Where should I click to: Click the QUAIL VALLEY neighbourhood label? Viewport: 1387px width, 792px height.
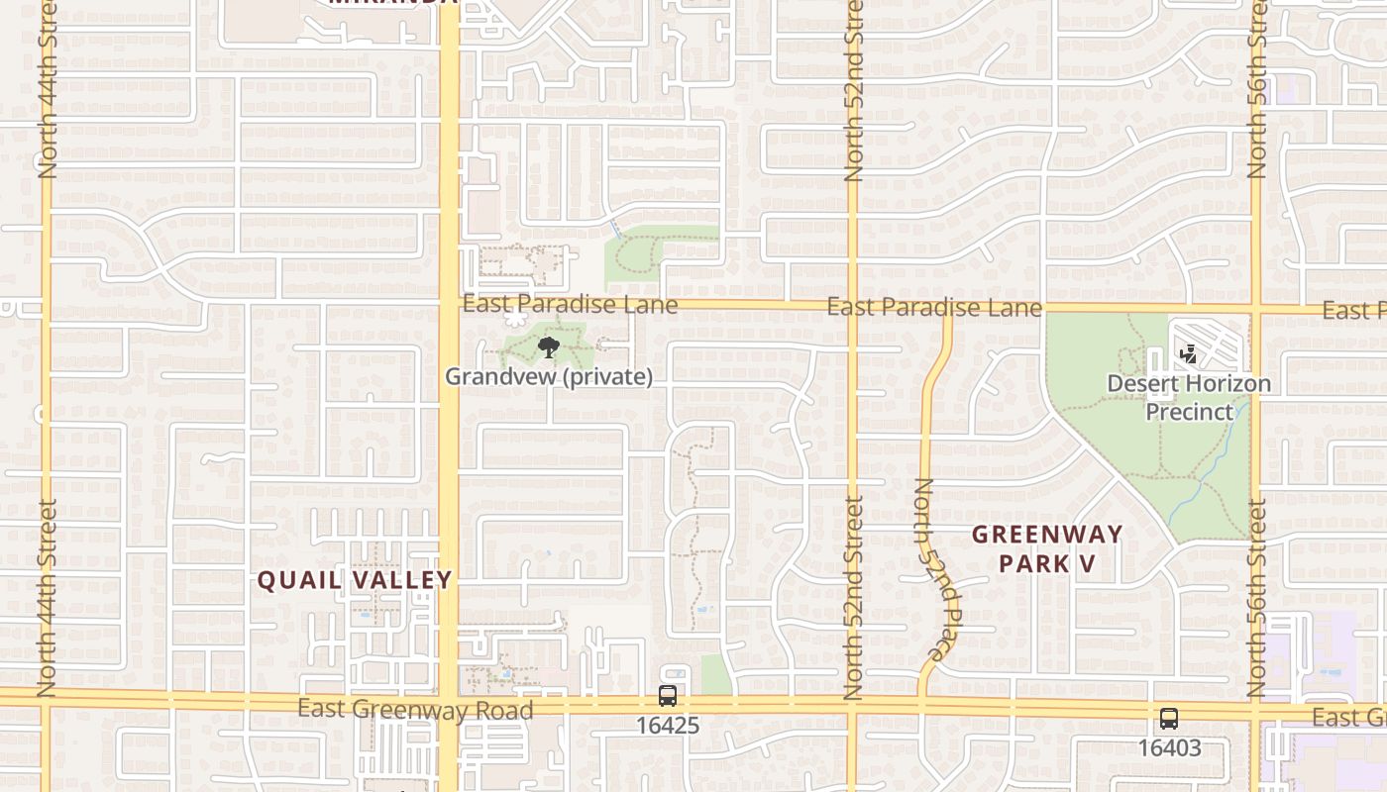[355, 580]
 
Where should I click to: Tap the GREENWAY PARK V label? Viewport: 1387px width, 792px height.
[1047, 549]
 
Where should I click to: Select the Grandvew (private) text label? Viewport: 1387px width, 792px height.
[548, 377]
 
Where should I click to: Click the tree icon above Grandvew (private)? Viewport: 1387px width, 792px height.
[548, 346]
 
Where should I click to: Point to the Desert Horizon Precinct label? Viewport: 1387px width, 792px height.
[1189, 397]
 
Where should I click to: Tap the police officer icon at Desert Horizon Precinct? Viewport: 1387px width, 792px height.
[1189, 353]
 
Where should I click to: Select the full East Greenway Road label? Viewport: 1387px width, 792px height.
[415, 709]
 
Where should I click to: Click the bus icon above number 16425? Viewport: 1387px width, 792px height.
[668, 696]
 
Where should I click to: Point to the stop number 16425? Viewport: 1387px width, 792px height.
[668, 726]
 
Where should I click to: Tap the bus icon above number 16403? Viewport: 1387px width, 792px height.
[1169, 719]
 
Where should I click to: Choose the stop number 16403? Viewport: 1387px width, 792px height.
[1169, 748]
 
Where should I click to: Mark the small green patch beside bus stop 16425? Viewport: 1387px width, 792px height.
[716, 674]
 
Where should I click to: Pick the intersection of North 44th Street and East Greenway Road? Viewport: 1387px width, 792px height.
[46, 697]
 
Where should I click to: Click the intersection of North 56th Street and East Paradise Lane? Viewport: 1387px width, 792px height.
[1257, 308]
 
